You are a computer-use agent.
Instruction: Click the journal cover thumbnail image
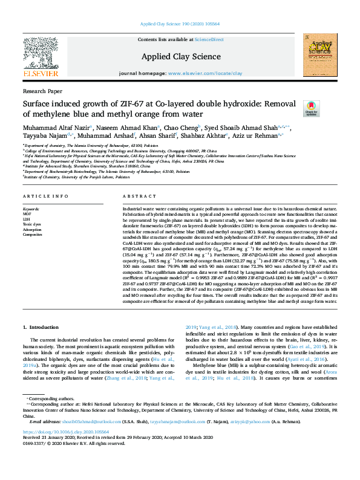[320, 56]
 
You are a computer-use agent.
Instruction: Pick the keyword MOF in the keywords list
[27, 213]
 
